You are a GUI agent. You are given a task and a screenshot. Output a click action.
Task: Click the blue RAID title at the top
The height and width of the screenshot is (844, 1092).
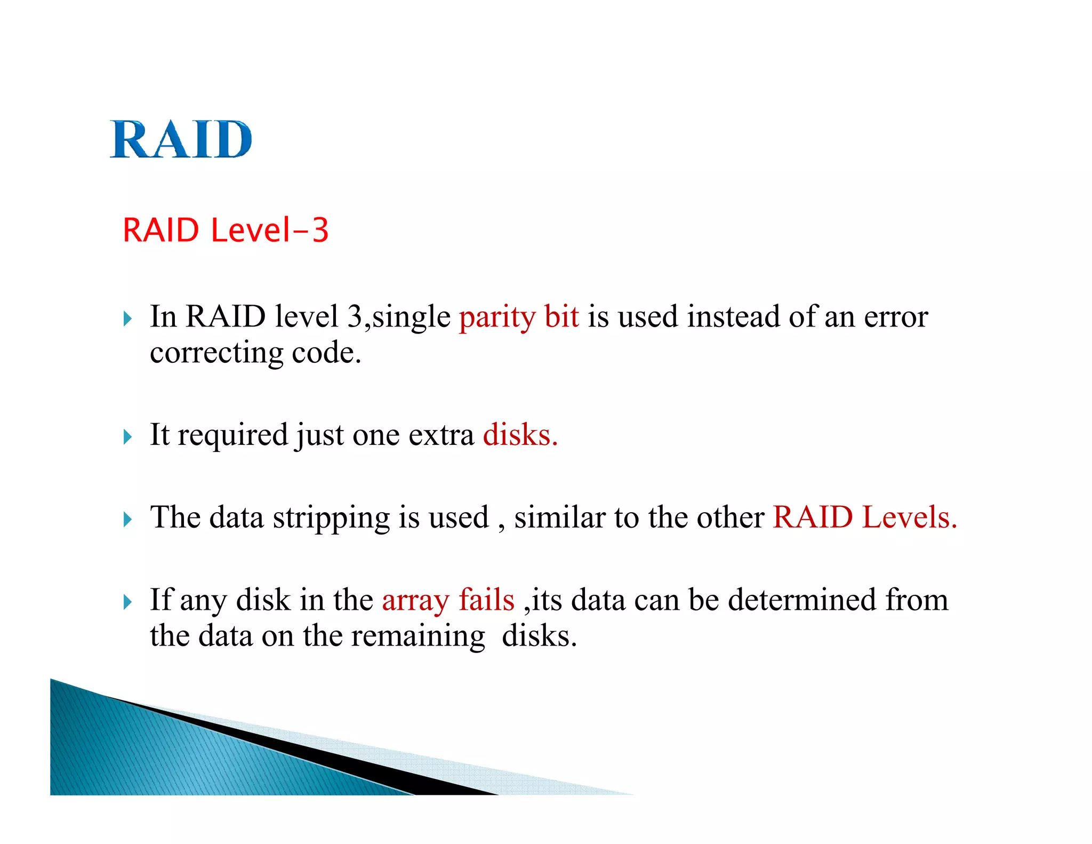click(181, 139)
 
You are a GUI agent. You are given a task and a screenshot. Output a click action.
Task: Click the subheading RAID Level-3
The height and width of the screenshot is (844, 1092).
click(226, 230)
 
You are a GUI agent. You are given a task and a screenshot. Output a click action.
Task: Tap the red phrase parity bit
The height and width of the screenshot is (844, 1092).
click(519, 317)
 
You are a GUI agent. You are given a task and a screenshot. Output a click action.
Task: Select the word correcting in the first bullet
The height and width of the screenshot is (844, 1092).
click(216, 353)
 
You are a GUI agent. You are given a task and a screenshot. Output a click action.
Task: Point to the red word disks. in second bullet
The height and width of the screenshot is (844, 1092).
click(520, 435)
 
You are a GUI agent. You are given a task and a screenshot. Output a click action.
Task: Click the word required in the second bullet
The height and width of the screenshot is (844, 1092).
click(232, 435)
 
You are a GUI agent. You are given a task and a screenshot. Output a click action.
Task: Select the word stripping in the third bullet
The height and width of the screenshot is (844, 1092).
click(331, 518)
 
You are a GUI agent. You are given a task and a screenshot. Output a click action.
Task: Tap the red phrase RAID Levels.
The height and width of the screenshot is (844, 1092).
click(864, 517)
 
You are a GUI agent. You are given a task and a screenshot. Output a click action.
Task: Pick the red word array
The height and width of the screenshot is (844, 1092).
click(415, 600)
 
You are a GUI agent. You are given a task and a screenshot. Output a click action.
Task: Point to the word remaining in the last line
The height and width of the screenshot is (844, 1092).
click(418, 636)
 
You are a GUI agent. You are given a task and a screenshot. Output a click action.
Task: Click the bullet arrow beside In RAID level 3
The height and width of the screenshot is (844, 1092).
click(127, 319)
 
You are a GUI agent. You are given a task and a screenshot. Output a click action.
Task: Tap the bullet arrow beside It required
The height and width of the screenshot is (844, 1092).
click(127, 437)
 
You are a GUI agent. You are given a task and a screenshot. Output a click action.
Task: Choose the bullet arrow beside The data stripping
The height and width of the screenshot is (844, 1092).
click(127, 520)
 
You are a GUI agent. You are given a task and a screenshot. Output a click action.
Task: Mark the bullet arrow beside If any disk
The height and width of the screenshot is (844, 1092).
click(127, 602)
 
